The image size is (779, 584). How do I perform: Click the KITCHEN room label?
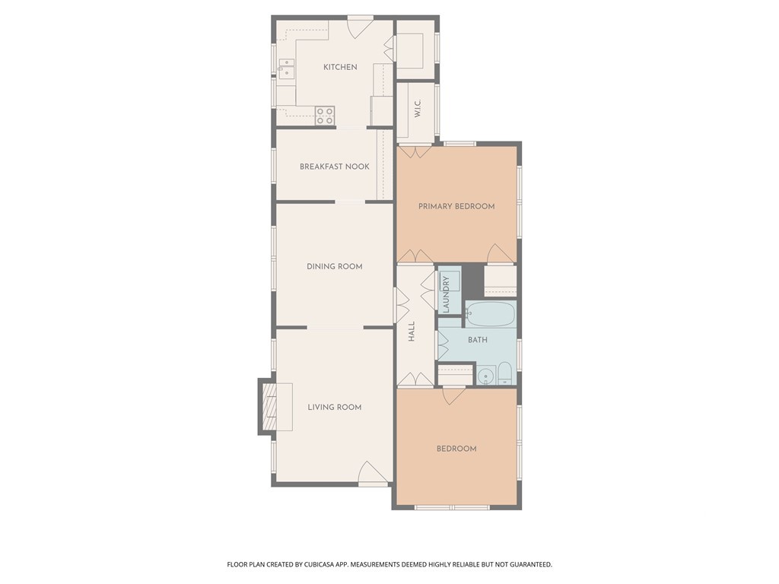click(x=340, y=67)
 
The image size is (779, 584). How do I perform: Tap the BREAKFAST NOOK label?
click(x=335, y=167)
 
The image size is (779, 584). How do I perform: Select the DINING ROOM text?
click(x=335, y=267)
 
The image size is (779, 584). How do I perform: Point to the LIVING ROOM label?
click(x=335, y=408)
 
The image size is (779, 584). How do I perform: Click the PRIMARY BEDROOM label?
click(x=456, y=207)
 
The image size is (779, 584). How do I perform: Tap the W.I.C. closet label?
click(x=418, y=109)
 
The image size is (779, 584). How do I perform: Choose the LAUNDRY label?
click(x=446, y=294)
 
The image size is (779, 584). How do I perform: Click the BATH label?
click(x=478, y=340)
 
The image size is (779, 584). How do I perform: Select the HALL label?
click(x=412, y=332)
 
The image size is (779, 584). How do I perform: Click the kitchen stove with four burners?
click(x=325, y=116)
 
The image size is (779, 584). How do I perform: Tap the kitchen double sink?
click(x=286, y=68)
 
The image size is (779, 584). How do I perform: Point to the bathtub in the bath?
click(x=490, y=314)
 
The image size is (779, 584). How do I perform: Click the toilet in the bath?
click(x=504, y=374)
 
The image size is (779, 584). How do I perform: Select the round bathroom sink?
click(x=486, y=376)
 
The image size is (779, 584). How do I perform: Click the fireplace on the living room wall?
click(x=268, y=407)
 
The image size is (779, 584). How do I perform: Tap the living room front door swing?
click(x=372, y=472)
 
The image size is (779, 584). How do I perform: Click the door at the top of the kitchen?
click(x=360, y=27)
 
